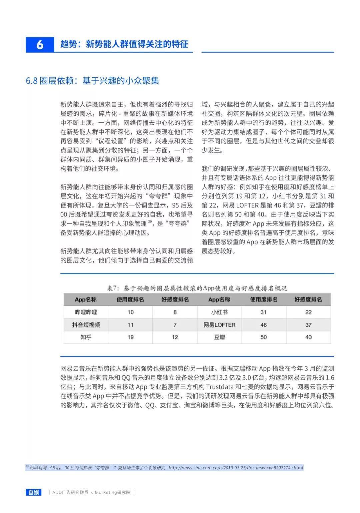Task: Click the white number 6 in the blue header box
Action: [40, 44]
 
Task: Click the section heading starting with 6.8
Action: [92, 81]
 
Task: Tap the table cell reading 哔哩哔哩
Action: [86, 312]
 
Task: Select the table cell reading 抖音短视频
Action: [86, 325]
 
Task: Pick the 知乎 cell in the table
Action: [86, 337]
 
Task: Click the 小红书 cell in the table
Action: [219, 312]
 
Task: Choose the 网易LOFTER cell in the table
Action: [219, 325]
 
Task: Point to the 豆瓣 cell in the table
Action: [219, 337]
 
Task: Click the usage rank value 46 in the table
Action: [264, 325]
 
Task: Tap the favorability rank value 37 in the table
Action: [308, 325]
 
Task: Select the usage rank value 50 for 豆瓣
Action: [264, 337]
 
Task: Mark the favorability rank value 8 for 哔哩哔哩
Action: [175, 312]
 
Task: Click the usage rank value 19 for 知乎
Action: [130, 337]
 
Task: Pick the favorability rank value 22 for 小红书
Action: [308, 312]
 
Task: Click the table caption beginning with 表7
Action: [197, 288]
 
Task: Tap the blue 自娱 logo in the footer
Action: [34, 492]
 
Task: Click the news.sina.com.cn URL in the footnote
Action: [236, 468]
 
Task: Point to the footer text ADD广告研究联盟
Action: [70, 492]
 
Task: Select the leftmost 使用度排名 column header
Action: [130, 300]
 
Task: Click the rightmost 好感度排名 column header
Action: [308, 300]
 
